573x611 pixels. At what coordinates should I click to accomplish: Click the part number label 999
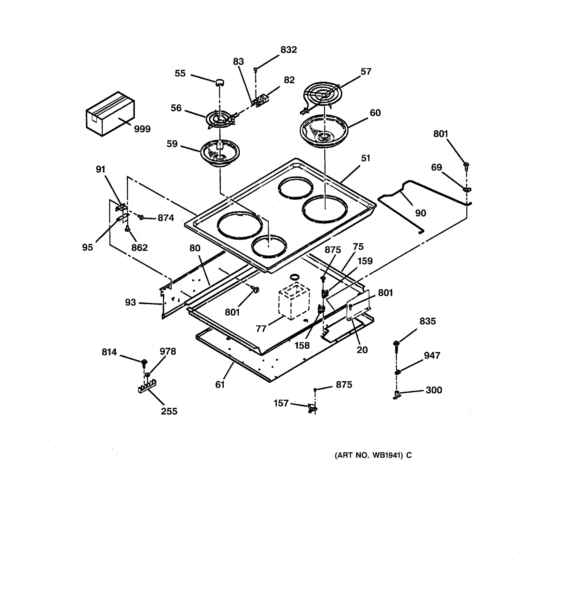click(x=142, y=129)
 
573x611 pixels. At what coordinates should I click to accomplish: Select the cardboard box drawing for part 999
click(x=110, y=114)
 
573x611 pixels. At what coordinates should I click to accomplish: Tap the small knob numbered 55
click(x=220, y=82)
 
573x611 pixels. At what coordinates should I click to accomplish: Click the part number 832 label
click(x=289, y=50)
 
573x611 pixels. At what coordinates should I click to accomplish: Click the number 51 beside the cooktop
click(x=365, y=158)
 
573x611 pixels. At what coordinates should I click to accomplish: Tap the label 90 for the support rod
click(x=420, y=213)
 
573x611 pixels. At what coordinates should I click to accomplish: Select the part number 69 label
click(x=436, y=167)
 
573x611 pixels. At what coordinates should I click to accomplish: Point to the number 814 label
click(x=109, y=352)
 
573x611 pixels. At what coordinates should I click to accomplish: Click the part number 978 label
click(x=168, y=351)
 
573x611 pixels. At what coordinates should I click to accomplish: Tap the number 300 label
click(x=434, y=390)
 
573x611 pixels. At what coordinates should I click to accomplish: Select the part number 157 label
click(x=281, y=403)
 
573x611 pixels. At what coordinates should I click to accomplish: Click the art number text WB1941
click(x=373, y=455)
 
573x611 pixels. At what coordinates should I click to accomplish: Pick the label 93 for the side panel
click(x=130, y=302)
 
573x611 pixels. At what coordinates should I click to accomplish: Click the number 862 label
click(x=140, y=247)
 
